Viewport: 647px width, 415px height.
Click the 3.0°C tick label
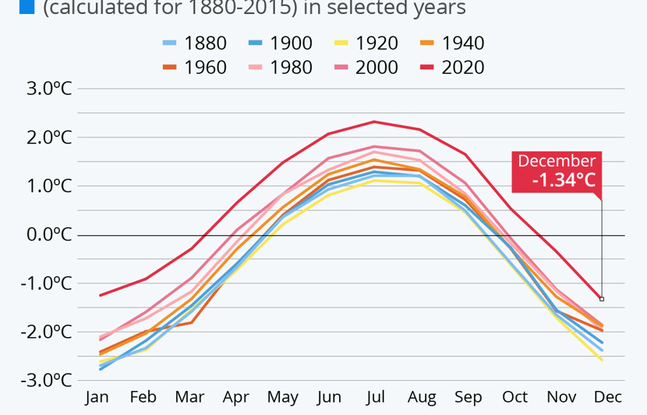click(x=48, y=88)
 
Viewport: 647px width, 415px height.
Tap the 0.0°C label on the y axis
click(x=48, y=234)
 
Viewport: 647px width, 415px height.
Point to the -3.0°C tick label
click(x=46, y=380)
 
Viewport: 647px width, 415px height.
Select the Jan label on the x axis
click(x=97, y=397)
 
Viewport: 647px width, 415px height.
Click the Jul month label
click(x=375, y=397)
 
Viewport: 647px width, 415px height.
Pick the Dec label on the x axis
click(x=607, y=397)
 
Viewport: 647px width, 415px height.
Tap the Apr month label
click(x=236, y=397)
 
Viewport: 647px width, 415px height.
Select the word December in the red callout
click(x=557, y=161)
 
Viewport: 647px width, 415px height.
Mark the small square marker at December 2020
click(x=602, y=299)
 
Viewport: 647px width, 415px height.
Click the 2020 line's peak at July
click(x=374, y=121)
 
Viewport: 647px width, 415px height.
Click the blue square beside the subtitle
click(x=27, y=8)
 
